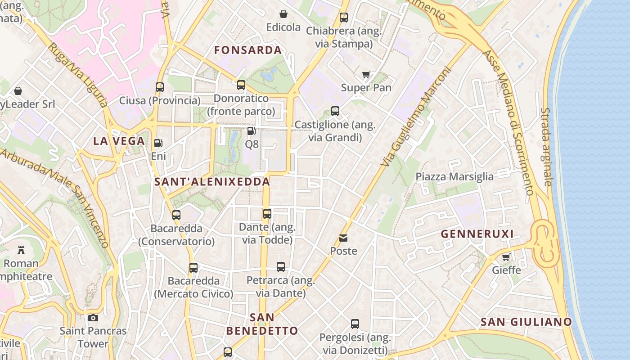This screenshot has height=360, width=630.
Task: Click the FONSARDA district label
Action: click(248, 50)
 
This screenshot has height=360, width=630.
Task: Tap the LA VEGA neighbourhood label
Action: click(119, 141)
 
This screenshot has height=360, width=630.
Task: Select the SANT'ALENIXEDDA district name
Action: click(212, 182)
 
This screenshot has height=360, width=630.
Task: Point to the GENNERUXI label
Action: click(477, 234)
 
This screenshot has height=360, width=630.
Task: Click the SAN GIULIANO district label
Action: click(526, 322)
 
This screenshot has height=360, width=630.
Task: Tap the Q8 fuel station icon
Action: click(252, 131)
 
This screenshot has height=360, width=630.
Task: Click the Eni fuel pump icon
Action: click(158, 143)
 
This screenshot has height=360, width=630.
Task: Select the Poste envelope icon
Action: click(344, 238)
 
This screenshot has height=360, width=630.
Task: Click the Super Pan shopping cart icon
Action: click(366, 75)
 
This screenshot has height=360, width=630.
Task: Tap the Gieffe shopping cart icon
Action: click(506, 257)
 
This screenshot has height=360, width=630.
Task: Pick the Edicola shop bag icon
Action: click(283, 14)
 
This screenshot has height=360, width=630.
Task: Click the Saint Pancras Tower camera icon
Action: click(93, 318)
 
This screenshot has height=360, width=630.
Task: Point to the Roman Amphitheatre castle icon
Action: click(21, 250)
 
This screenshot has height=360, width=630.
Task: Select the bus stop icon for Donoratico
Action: click(241, 85)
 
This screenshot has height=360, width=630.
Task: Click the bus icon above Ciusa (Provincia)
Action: click(160, 87)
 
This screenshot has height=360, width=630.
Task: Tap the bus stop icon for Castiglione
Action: click(335, 111)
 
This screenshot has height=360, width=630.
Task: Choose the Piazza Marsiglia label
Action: click(454, 176)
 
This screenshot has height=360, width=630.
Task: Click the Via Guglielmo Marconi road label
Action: click(417, 116)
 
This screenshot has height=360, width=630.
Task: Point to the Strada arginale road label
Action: click(546, 147)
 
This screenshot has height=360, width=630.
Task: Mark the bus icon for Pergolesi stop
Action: click(355, 324)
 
